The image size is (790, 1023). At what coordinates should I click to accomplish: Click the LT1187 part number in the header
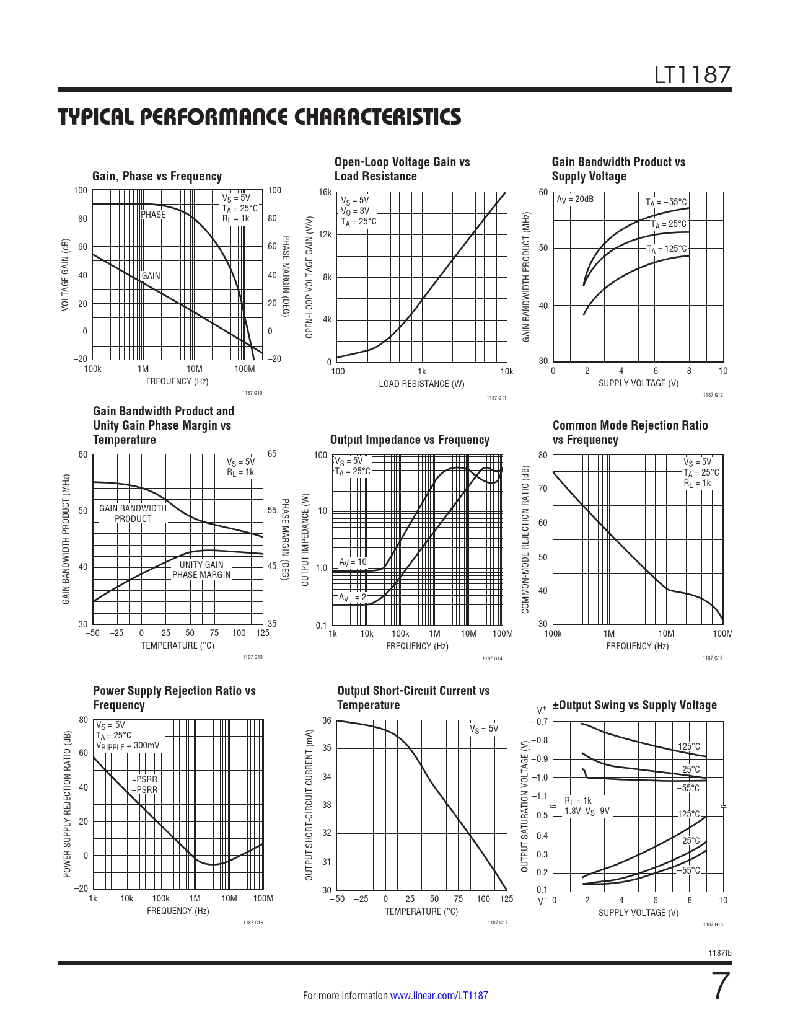point(693,75)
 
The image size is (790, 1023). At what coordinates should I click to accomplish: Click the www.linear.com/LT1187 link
point(439,996)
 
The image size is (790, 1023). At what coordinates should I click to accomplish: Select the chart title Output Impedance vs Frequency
point(410,440)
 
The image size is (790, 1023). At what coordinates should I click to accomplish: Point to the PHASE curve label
point(153,215)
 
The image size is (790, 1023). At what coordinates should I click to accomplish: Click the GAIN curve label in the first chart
point(151,276)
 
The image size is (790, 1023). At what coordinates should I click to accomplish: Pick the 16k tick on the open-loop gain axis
point(325,192)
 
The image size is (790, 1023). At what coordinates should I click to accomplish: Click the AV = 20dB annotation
point(574,199)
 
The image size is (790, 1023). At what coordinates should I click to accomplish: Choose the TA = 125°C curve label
point(667,249)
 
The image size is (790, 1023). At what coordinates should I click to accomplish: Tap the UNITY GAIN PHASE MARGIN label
point(201,570)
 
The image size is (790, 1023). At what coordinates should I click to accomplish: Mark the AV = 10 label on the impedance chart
point(353,562)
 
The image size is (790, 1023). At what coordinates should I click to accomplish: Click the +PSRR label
point(144,779)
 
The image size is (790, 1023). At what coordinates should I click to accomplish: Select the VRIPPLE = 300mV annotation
point(128,745)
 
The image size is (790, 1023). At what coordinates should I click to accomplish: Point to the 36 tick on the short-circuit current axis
point(327,720)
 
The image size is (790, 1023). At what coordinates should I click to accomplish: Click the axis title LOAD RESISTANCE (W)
point(421,384)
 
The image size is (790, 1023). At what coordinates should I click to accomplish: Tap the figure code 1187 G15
point(713,658)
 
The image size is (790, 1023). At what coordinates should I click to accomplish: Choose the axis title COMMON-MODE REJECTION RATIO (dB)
point(525,539)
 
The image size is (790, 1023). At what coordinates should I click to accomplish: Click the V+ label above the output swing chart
point(542,709)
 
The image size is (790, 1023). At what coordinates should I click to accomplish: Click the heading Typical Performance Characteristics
point(260,117)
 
